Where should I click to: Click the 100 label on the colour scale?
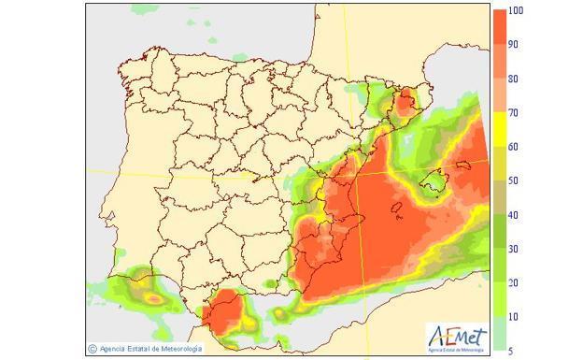point(515,10)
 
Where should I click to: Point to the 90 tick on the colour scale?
point(513,44)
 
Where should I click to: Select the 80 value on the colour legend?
point(513,79)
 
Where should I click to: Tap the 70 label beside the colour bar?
point(513,112)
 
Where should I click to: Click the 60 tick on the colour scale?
point(513,147)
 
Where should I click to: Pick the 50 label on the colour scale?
point(513,180)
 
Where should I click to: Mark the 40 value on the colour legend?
point(513,215)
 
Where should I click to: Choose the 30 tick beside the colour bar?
point(513,249)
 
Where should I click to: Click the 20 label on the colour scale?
point(513,282)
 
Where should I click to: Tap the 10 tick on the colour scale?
point(513,317)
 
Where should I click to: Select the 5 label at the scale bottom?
point(511,351)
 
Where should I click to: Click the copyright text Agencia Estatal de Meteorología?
point(149,349)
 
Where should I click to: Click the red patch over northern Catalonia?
point(405,103)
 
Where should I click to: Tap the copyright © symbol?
point(92,349)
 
